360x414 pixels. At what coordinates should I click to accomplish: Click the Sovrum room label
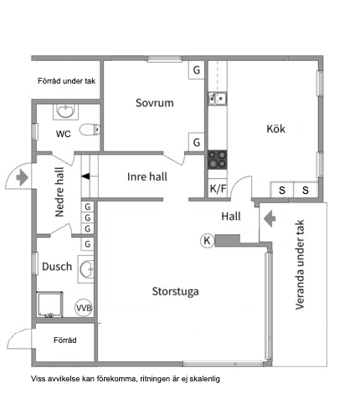click(x=155, y=103)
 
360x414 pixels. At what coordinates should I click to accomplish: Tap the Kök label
click(x=276, y=129)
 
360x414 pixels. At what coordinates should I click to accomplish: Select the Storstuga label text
click(x=175, y=292)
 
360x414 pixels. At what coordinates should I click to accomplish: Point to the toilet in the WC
click(x=90, y=130)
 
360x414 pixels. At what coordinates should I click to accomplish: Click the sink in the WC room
click(x=66, y=111)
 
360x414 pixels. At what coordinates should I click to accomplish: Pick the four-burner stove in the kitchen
click(x=217, y=160)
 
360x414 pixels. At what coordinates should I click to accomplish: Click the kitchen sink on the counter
click(x=218, y=99)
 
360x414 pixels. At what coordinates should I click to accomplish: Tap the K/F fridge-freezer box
click(x=218, y=188)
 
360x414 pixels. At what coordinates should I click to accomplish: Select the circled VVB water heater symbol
click(x=84, y=308)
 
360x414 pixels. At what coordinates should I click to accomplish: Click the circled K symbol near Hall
click(x=207, y=240)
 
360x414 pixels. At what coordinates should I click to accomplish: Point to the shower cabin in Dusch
click(x=49, y=304)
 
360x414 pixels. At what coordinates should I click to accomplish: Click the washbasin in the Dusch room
click(x=86, y=269)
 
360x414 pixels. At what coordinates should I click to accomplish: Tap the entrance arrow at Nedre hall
click(x=23, y=177)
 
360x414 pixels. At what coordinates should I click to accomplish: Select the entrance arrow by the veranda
click(x=270, y=218)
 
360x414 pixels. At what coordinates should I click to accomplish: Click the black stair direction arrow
click(x=85, y=176)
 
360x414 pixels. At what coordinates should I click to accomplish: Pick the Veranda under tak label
click(x=300, y=264)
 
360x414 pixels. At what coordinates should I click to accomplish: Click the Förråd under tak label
click(x=66, y=81)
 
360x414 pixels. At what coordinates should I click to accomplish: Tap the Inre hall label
click(x=147, y=176)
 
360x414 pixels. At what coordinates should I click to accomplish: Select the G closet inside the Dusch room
click(x=88, y=244)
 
